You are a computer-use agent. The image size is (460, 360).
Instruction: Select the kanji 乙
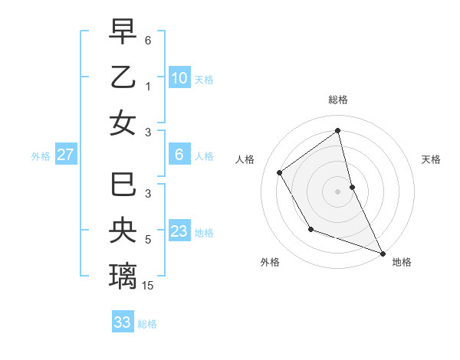pyautogui.click(x=123, y=77)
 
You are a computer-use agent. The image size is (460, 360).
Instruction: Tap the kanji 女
pyautogui.click(x=123, y=123)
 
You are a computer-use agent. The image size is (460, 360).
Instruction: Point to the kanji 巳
pyautogui.click(x=123, y=186)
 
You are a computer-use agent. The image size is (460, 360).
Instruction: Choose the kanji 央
pyautogui.click(x=123, y=230)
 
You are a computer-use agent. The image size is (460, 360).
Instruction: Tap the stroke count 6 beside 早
pyautogui.click(x=148, y=39)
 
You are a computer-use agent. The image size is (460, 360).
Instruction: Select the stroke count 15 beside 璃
pyautogui.click(x=148, y=286)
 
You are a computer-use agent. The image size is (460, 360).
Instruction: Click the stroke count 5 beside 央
pyautogui.click(x=148, y=240)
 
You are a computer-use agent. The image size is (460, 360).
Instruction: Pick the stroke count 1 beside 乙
pyautogui.click(x=148, y=87)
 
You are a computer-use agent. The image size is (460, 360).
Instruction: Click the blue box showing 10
pyautogui.click(x=179, y=77)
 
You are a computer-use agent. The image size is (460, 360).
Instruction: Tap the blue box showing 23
pyautogui.click(x=179, y=231)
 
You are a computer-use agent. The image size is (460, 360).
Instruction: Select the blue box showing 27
pyautogui.click(x=66, y=155)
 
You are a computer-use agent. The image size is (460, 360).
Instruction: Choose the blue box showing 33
pyautogui.click(x=123, y=322)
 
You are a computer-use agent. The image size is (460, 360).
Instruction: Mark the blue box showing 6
pyautogui.click(x=179, y=155)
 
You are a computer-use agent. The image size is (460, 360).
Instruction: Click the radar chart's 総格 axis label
pyautogui.click(x=337, y=100)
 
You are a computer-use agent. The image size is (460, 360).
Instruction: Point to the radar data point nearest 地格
pyautogui.click(x=383, y=253)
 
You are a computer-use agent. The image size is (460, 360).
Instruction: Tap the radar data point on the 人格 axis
pyautogui.click(x=280, y=172)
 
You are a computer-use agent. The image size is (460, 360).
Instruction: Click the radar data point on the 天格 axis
pyautogui.click(x=352, y=187)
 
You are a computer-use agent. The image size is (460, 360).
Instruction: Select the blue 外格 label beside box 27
pyautogui.click(x=41, y=156)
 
